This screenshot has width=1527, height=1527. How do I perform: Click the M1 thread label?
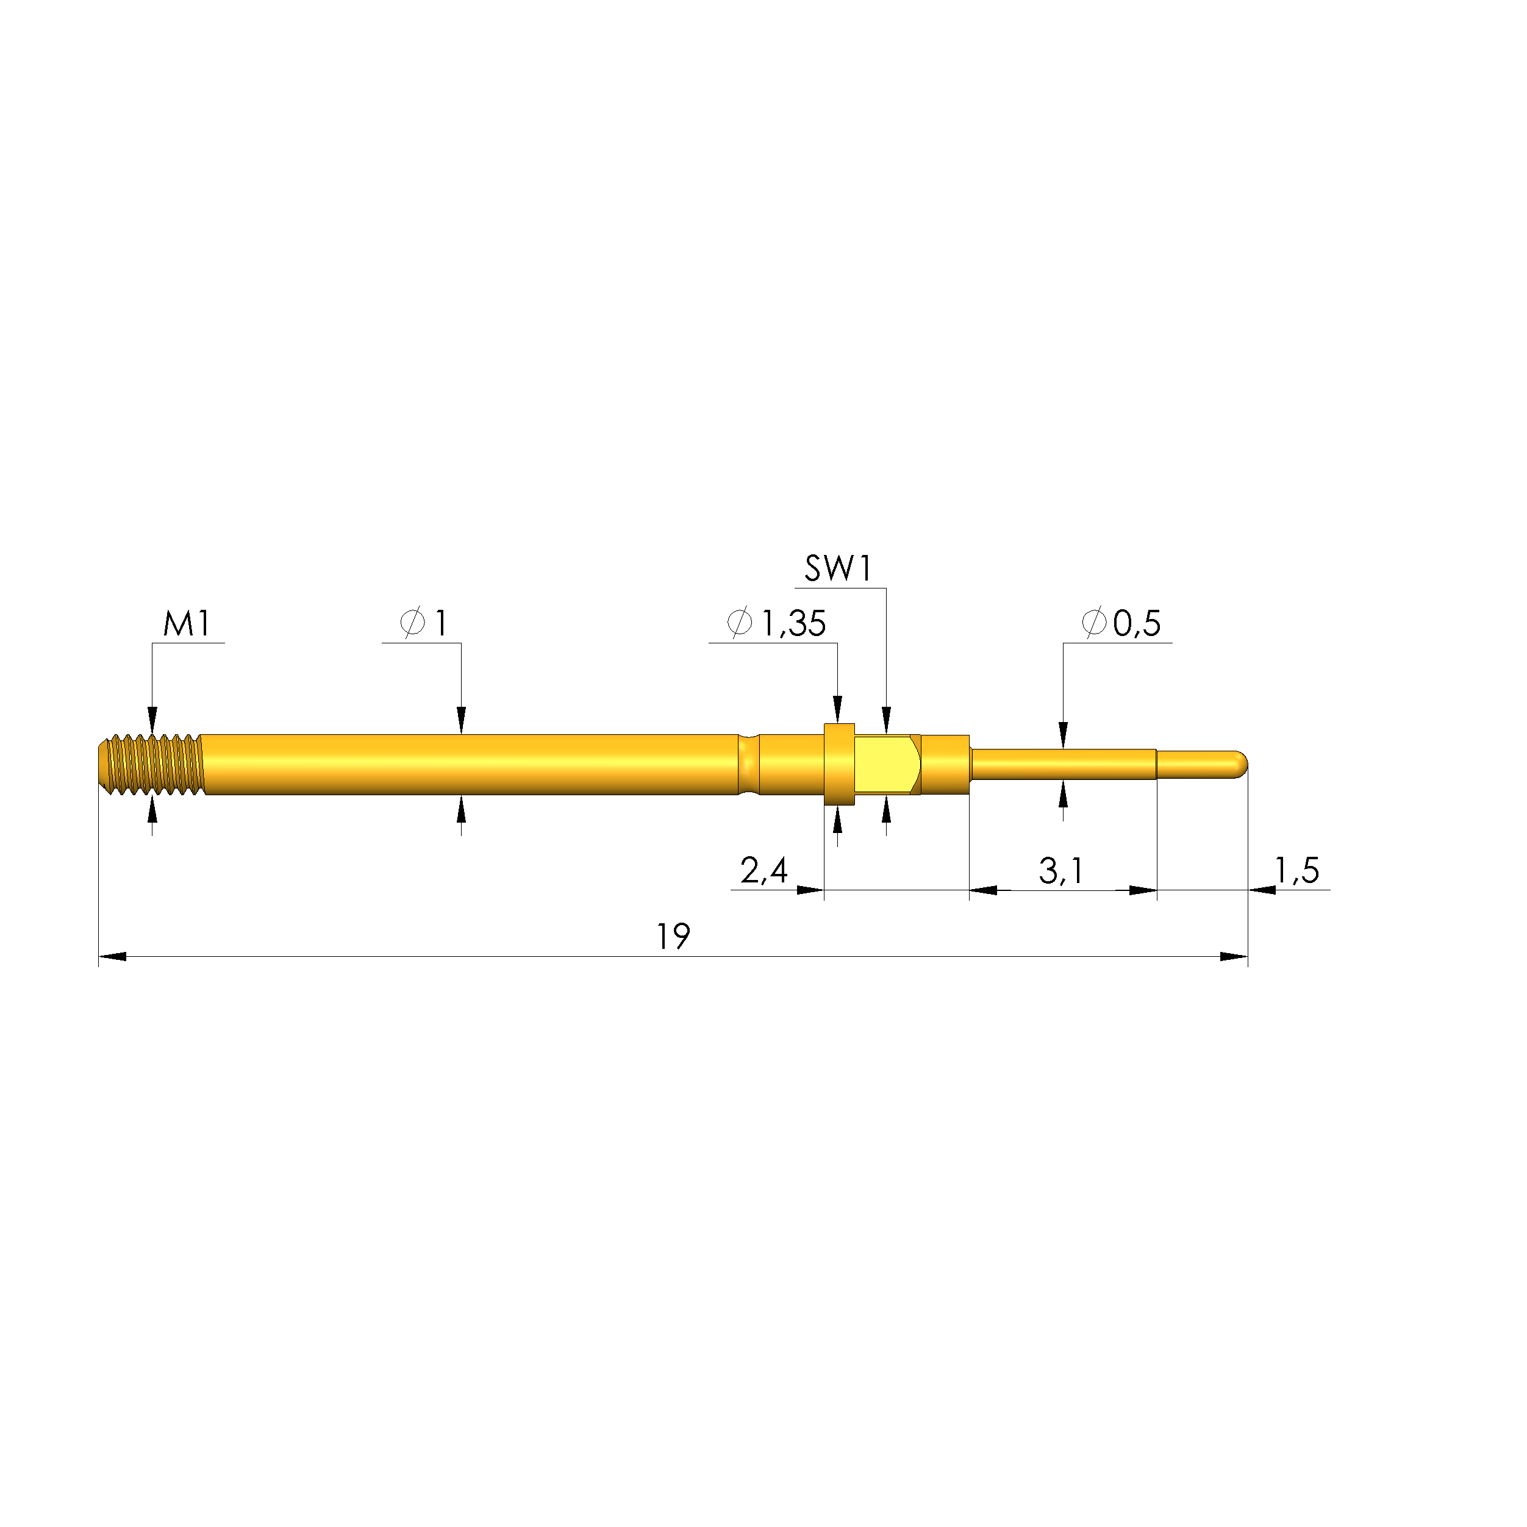[x=187, y=624]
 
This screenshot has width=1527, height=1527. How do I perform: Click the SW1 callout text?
[x=838, y=569]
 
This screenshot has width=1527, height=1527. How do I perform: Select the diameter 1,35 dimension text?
[x=793, y=624]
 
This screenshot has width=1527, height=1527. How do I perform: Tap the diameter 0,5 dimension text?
[x=1137, y=624]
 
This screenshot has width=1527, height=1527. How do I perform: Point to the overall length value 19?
[x=673, y=937]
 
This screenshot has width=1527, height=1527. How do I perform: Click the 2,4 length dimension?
[x=763, y=871]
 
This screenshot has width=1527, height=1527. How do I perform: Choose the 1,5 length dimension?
[x=1297, y=871]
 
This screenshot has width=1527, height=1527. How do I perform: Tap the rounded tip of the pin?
[x=1241, y=763]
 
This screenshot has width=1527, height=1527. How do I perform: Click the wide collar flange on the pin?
[x=839, y=764]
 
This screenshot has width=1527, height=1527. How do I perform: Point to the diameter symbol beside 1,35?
[x=739, y=624]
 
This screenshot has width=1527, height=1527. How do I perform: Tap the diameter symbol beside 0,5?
[x=1094, y=624]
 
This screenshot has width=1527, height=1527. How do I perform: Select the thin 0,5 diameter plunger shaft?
[x=1063, y=764]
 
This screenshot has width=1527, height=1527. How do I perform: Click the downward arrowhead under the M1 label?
[x=152, y=721]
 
